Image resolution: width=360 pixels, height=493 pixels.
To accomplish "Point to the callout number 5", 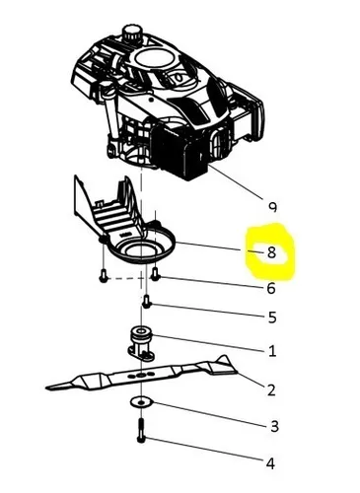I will (x=271, y=317).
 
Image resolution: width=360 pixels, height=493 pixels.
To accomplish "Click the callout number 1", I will (x=271, y=350).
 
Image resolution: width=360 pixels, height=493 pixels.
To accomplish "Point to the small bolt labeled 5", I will (x=147, y=302).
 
